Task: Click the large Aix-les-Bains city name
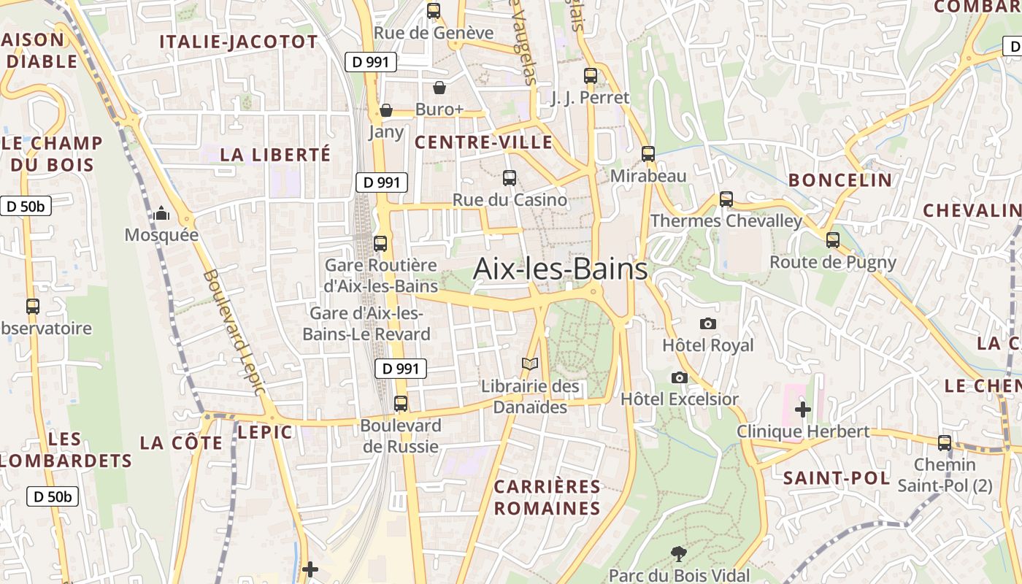point(560,269)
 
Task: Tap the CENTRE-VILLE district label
point(483,142)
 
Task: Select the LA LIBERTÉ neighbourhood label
point(275,155)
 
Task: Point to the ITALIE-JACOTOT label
point(239,42)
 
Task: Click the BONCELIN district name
point(840,180)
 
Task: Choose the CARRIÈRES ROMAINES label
point(547,497)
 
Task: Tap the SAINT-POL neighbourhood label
point(837,479)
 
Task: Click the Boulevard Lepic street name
point(234,332)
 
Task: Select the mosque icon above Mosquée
point(161,214)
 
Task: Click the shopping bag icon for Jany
point(386,111)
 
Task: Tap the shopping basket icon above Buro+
point(439,88)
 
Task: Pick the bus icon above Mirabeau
point(648,154)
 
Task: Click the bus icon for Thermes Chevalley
point(726,199)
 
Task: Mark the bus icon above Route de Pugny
point(833,240)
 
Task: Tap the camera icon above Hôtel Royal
point(707,323)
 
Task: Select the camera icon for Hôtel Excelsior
point(680,377)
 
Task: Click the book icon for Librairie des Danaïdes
point(530,364)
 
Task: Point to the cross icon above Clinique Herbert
point(803,410)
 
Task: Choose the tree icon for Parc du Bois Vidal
point(679,553)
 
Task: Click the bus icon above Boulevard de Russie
point(401,404)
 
